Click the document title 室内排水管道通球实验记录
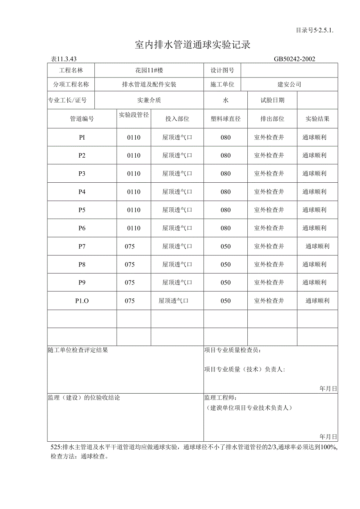click(x=192, y=45)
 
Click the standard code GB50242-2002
click(x=294, y=59)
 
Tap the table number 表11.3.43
click(x=64, y=59)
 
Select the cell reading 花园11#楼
click(x=149, y=70)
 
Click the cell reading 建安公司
click(x=289, y=84)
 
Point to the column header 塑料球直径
click(x=225, y=119)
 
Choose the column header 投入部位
click(x=177, y=119)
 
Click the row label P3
click(x=82, y=173)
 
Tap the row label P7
click(x=82, y=246)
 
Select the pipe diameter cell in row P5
click(x=134, y=210)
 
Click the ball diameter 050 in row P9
click(x=225, y=282)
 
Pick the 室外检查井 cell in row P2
click(x=269, y=155)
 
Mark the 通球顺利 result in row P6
click(x=314, y=228)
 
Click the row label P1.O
click(x=82, y=301)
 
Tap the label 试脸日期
click(x=272, y=100)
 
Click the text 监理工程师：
click(x=220, y=397)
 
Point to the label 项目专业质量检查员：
click(x=233, y=350)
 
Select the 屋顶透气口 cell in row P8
click(x=177, y=264)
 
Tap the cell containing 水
click(x=225, y=100)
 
